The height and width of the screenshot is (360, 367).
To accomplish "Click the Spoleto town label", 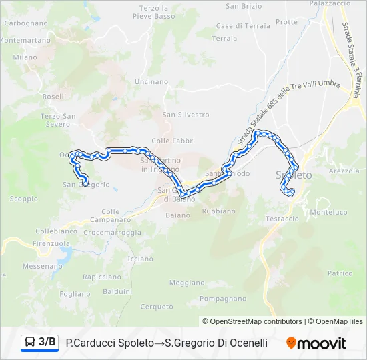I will pos(294,175).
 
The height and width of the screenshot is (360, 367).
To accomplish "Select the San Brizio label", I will pos(244,6).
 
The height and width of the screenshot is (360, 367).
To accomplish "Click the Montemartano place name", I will pos(20,40).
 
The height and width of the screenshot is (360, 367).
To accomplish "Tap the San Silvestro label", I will pos(186,115).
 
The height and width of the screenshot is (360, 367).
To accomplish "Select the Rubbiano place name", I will pos(218,211).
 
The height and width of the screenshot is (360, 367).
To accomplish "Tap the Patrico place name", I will pos(340,273).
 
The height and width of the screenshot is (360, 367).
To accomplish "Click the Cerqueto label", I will pos(157,307).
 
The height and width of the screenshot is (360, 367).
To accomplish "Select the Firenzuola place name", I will pos(52,243).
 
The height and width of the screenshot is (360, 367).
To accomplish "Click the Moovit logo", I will pos(316,343).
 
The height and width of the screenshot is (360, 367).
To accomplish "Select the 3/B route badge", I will pos(39,343).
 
